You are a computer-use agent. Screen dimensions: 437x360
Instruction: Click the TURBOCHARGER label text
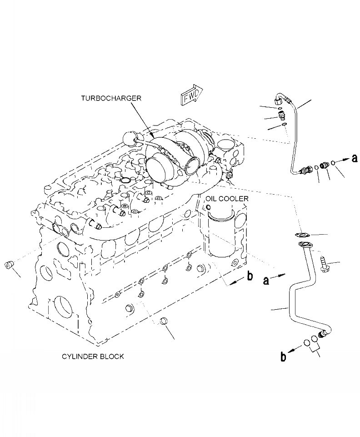point(111,98)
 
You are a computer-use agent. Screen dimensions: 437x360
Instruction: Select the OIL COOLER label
point(226,199)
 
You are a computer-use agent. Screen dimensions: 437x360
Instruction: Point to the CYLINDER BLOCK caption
point(93,357)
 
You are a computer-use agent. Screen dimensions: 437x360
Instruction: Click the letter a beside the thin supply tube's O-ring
point(355,158)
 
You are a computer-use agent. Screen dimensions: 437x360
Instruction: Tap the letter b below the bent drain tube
point(283,357)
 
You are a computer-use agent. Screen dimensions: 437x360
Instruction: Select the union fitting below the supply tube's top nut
point(281,114)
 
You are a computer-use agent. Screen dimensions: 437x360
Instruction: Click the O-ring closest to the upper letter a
point(334,162)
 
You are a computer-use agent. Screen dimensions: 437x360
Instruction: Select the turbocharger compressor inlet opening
point(157,167)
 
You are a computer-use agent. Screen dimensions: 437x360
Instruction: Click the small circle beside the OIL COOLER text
point(208,207)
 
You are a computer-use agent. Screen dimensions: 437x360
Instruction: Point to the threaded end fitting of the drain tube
point(323,335)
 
